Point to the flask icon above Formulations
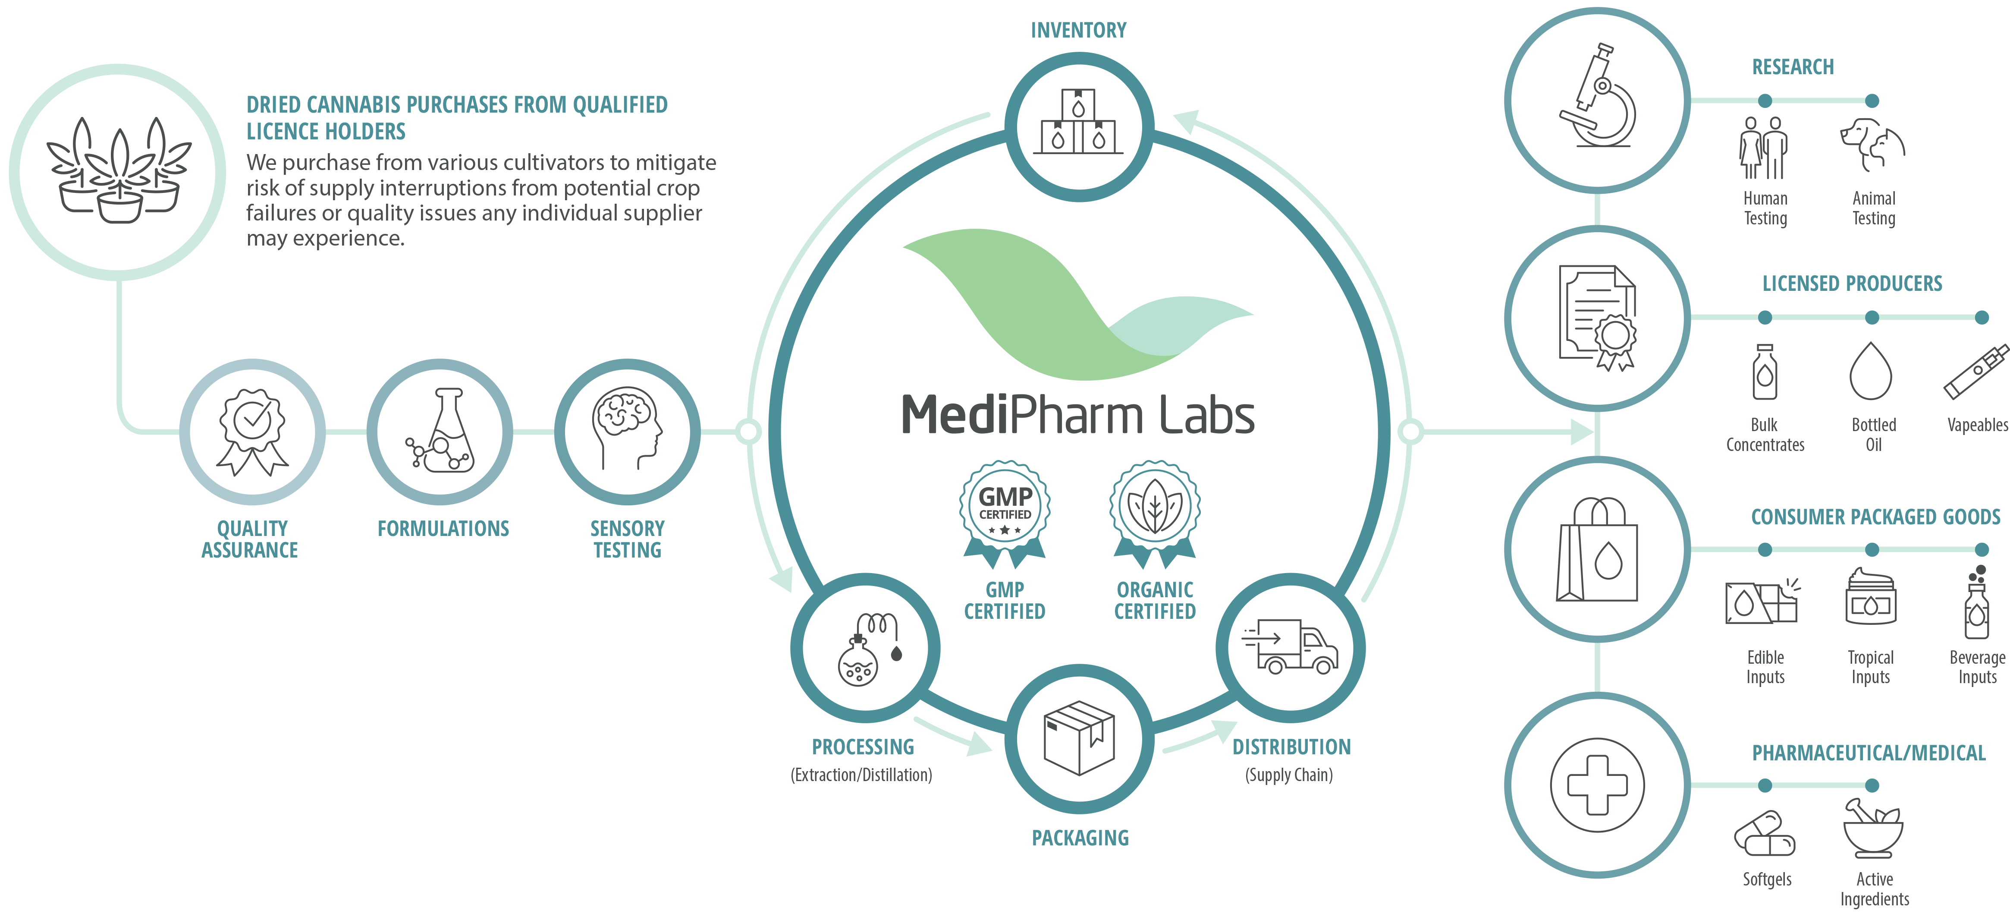click(x=442, y=432)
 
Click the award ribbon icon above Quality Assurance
click(x=252, y=432)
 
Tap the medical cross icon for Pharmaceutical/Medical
click(x=1596, y=785)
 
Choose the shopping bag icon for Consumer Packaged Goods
click(x=1596, y=550)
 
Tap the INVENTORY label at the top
click(x=1078, y=31)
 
